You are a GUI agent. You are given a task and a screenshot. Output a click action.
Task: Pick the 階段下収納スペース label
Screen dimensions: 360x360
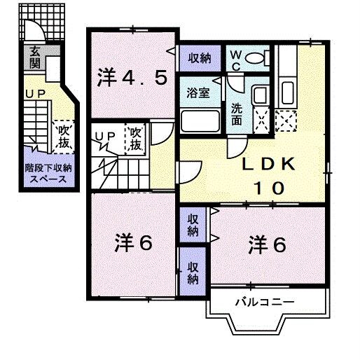[x=46, y=173]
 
